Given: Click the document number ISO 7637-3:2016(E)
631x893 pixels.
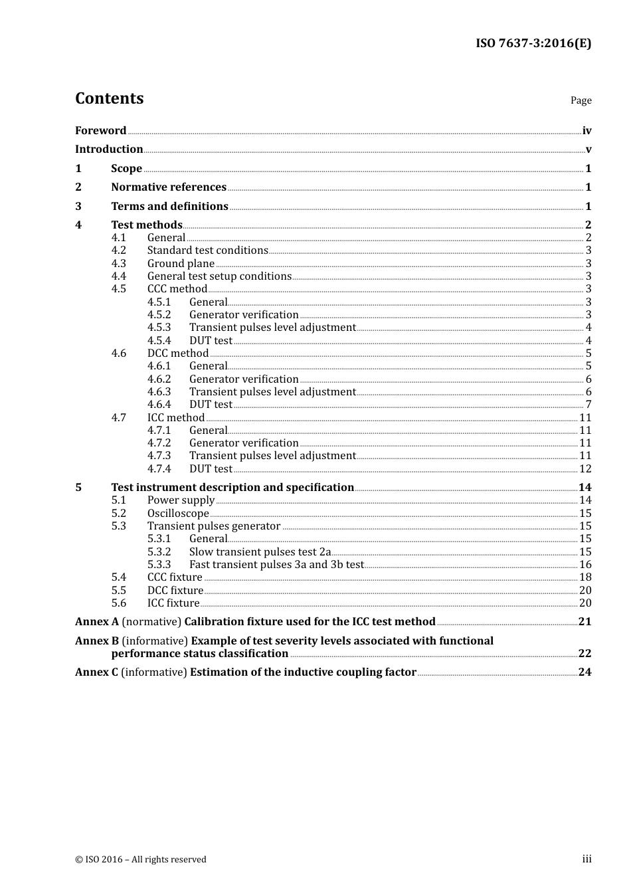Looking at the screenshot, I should [x=533, y=44].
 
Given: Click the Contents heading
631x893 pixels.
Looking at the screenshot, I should [x=109, y=98].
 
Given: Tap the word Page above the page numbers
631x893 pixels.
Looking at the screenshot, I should [x=581, y=100].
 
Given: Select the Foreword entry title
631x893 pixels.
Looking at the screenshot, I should [x=100, y=131].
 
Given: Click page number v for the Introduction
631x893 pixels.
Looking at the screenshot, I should [x=588, y=149].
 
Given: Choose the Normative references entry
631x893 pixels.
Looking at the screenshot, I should [x=169, y=187].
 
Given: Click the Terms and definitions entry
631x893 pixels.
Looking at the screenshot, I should [x=169, y=207].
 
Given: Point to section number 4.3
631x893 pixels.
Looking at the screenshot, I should [x=118, y=264].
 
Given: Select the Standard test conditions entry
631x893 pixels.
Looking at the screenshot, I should [x=207, y=250].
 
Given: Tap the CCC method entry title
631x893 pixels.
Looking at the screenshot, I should [x=177, y=289].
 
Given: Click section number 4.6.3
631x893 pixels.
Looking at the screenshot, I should [x=159, y=392].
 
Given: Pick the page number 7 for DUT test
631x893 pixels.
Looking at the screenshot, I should [x=588, y=405].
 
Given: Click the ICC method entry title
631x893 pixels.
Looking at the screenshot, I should [x=176, y=418].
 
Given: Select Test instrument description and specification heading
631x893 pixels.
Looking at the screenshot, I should [x=232, y=488].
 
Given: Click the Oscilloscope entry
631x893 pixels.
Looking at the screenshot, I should [x=178, y=514].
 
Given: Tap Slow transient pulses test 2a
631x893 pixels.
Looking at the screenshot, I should [x=260, y=552].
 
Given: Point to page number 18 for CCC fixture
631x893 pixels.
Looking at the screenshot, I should [x=585, y=577].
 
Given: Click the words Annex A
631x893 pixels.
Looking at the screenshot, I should [x=97, y=622].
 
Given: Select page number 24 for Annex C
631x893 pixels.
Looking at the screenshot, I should [x=585, y=672].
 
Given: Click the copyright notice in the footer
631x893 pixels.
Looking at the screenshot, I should [x=141, y=860].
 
